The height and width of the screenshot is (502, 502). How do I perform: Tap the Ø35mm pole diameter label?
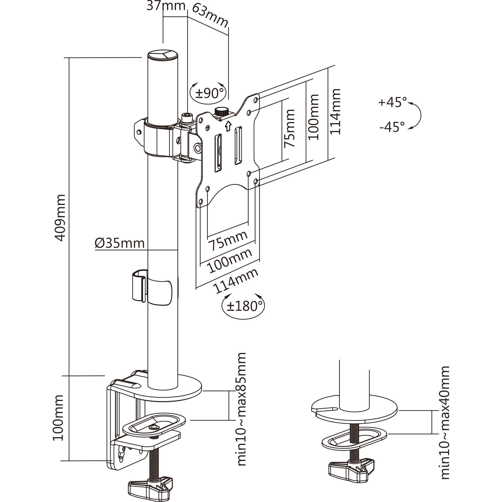[120, 243]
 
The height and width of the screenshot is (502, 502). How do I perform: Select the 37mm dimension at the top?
[166, 6]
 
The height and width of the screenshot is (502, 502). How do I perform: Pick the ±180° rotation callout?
[243, 306]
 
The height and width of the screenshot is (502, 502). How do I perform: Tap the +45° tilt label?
[392, 102]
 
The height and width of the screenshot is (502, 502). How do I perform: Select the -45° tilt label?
[392, 127]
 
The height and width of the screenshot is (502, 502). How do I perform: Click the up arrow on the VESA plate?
[228, 126]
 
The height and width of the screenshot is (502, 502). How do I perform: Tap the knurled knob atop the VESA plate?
[221, 112]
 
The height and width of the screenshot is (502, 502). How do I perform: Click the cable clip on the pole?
[152, 287]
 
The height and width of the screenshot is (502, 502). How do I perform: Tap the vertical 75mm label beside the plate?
[289, 128]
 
